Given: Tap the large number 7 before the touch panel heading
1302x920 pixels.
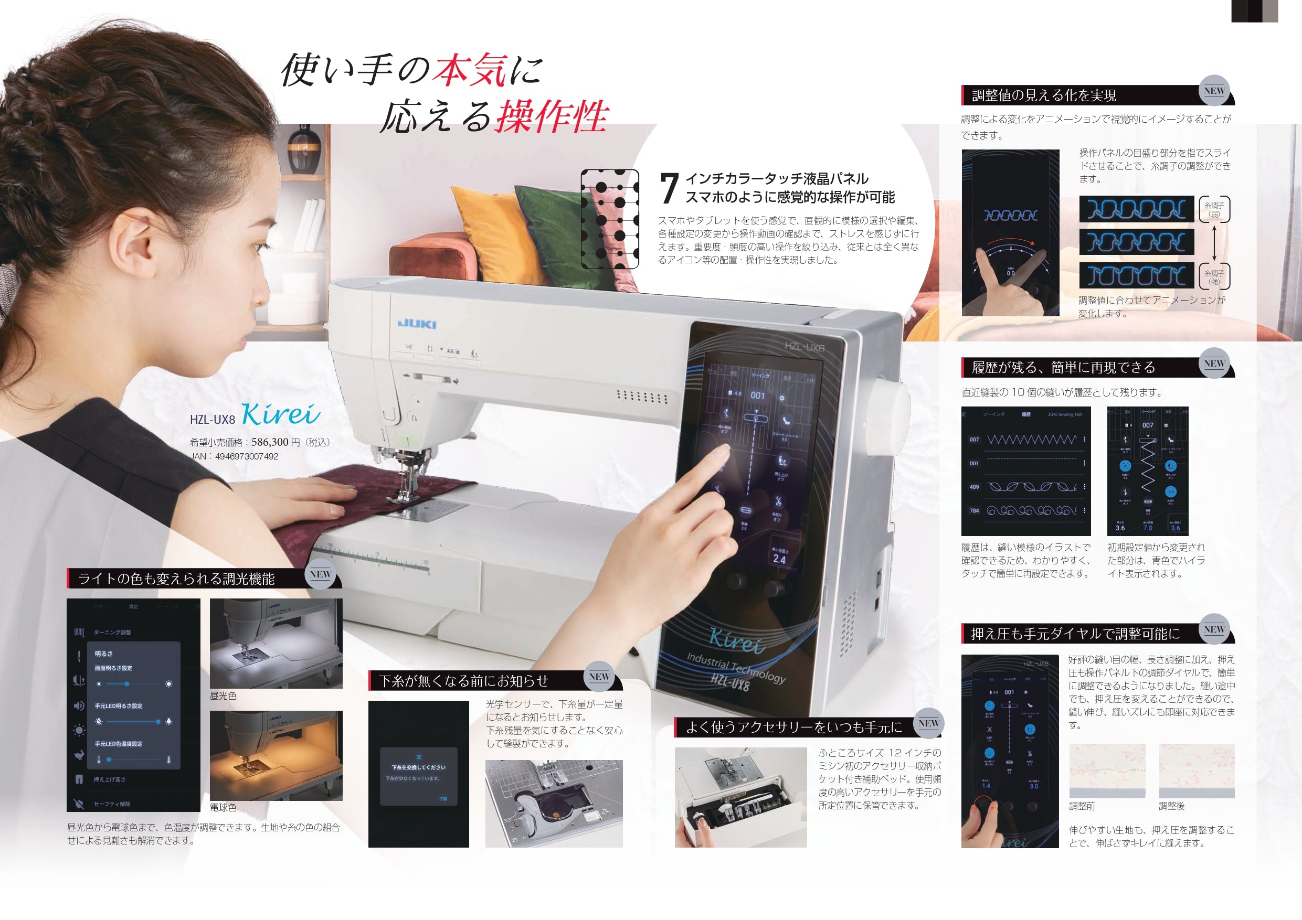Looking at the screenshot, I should [x=670, y=189].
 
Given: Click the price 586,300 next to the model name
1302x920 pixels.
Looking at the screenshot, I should [x=270, y=442].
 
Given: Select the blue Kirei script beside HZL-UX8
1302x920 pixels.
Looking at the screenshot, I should [x=281, y=414].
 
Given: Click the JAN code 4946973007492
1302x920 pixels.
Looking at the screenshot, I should [x=247, y=456].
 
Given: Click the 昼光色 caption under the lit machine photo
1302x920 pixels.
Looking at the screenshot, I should [x=223, y=696].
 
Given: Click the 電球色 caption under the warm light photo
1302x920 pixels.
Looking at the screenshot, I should [x=223, y=807].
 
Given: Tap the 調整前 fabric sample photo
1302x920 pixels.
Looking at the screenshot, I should [x=1106, y=771].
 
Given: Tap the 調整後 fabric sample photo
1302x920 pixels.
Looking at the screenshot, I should [x=1197, y=771].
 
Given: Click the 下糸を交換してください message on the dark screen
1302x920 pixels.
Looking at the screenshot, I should [x=418, y=767].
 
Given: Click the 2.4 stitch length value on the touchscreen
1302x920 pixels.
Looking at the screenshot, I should [x=779, y=559].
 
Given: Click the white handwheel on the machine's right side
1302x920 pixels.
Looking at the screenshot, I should [x=889, y=408].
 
